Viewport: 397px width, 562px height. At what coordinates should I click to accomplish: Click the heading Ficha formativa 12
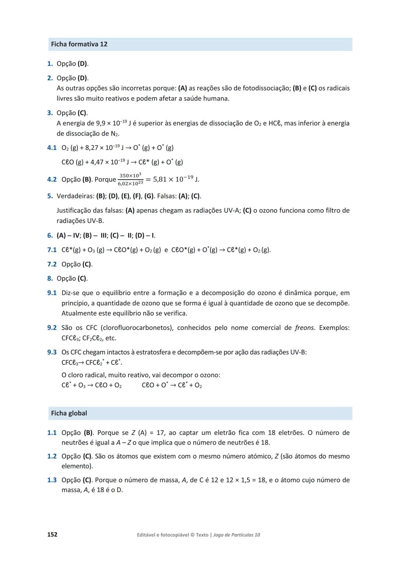pos(79,44)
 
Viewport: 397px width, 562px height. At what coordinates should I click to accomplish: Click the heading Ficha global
pos(69,413)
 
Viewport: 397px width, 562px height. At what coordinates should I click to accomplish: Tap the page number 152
pos(52,534)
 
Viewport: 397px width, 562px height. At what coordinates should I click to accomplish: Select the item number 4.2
pos(52,180)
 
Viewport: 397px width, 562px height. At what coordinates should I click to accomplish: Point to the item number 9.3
pos(52,352)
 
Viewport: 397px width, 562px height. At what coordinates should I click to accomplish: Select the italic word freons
pos(305,328)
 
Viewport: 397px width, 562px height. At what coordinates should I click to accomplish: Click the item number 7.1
pos(52,250)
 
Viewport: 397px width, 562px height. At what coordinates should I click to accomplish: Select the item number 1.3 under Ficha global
pos(52,480)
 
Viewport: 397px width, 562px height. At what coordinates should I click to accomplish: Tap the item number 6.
pos(50,236)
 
